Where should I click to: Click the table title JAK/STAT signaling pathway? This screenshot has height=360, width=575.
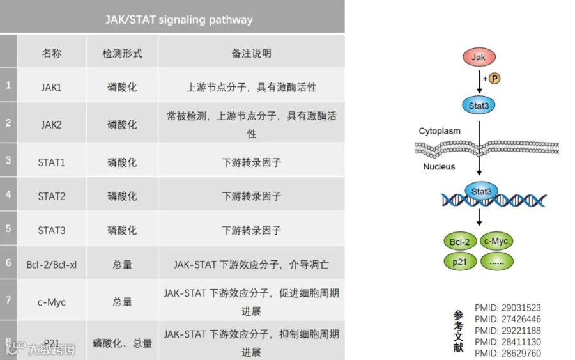pyautogui.click(x=179, y=19)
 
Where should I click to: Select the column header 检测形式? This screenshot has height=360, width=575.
pyautogui.click(x=122, y=54)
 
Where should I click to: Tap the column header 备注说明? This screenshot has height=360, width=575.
pyautogui.click(x=251, y=54)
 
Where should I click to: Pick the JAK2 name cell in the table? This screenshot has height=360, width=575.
pyautogui.click(x=51, y=125)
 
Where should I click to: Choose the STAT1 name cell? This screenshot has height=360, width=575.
pyautogui.click(x=51, y=162)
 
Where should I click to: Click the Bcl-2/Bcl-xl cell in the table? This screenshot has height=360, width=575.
pyautogui.click(x=51, y=264)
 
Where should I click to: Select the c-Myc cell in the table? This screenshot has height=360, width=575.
pyautogui.click(x=51, y=302)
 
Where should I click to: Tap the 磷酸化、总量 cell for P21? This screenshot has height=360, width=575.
pyautogui.click(x=122, y=343)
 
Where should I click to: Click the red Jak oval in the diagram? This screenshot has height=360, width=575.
pyautogui.click(x=478, y=58)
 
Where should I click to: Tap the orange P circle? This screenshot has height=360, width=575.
pyautogui.click(x=494, y=79)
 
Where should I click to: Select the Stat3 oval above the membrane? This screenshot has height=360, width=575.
pyautogui.click(x=478, y=106)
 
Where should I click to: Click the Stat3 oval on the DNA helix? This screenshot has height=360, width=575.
pyautogui.click(x=481, y=191)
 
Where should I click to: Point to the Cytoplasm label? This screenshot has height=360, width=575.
pyautogui.click(x=440, y=131)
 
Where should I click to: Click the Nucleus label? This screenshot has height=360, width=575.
pyautogui.click(x=439, y=167)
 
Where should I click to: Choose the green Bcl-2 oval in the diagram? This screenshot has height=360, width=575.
pyautogui.click(x=459, y=242)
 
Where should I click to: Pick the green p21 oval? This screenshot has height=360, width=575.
pyautogui.click(x=459, y=261)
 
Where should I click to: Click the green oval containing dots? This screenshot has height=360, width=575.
pyautogui.click(x=496, y=261)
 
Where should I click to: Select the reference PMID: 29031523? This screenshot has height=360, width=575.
pyautogui.click(x=507, y=308)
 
